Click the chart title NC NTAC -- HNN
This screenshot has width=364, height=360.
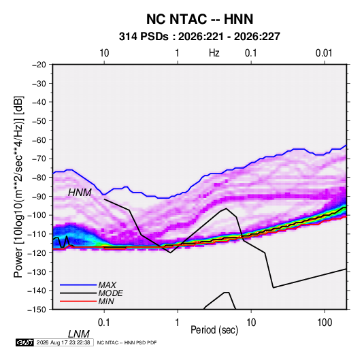[199, 19]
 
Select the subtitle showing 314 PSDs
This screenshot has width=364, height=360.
[199, 37]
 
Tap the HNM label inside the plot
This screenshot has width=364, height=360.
[80, 193]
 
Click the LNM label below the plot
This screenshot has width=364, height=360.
[79, 334]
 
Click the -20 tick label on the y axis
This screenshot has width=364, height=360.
[39, 65]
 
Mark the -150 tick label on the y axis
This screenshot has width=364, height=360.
[37, 310]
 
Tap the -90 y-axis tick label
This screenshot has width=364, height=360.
[39, 196]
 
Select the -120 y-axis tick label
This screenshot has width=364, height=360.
[37, 252]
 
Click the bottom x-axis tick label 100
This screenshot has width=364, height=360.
[325, 323]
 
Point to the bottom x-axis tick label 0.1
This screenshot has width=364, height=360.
[103, 323]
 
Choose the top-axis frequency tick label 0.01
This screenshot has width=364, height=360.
[324, 53]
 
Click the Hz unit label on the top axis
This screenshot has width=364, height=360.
[214, 53]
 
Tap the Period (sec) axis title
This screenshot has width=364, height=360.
[214, 330]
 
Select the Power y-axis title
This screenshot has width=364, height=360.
[18, 187]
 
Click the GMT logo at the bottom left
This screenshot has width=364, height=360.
[24, 342]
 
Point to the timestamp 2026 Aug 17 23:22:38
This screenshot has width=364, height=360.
[63, 342]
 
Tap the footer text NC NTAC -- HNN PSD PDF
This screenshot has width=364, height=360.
[127, 343]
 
